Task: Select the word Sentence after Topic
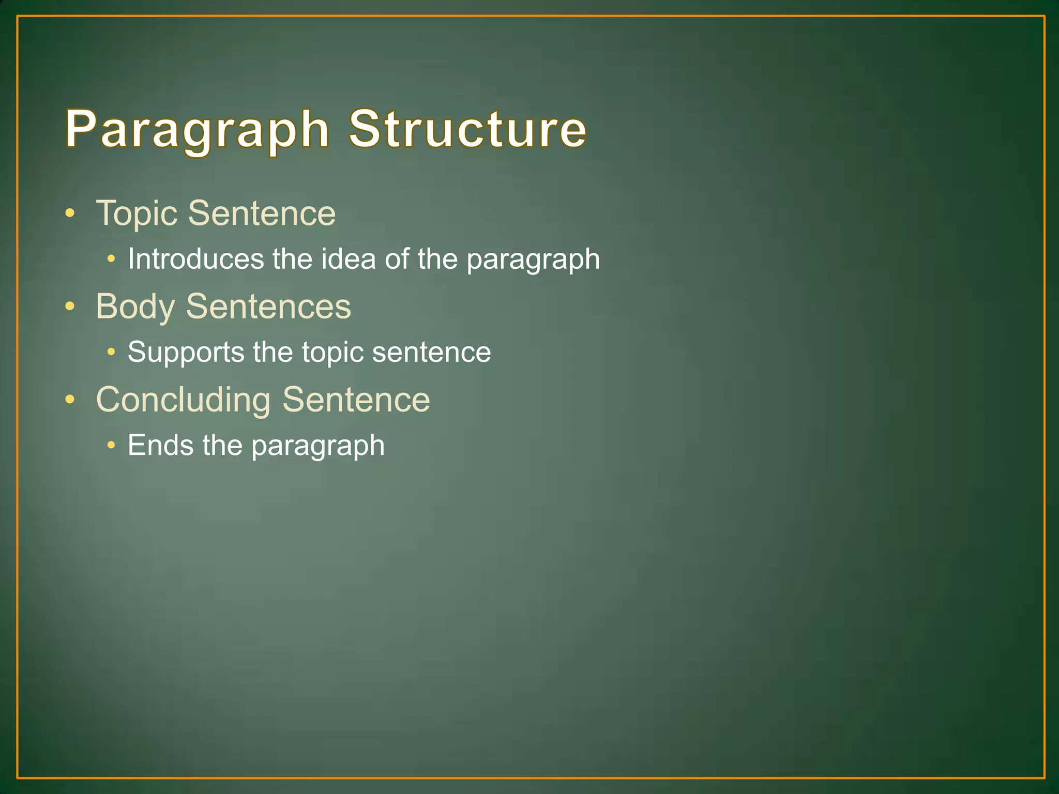[x=262, y=213]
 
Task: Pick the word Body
[x=135, y=307]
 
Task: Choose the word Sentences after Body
[x=268, y=307]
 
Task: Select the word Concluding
[x=183, y=400]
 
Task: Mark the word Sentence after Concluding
[x=356, y=400]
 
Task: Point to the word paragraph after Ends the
[x=317, y=446]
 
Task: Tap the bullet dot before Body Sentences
[x=70, y=307]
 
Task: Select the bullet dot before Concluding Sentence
[x=70, y=400]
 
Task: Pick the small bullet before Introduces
[x=111, y=258]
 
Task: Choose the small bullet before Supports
[x=111, y=352]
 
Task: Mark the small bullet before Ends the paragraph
[x=111, y=445]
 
